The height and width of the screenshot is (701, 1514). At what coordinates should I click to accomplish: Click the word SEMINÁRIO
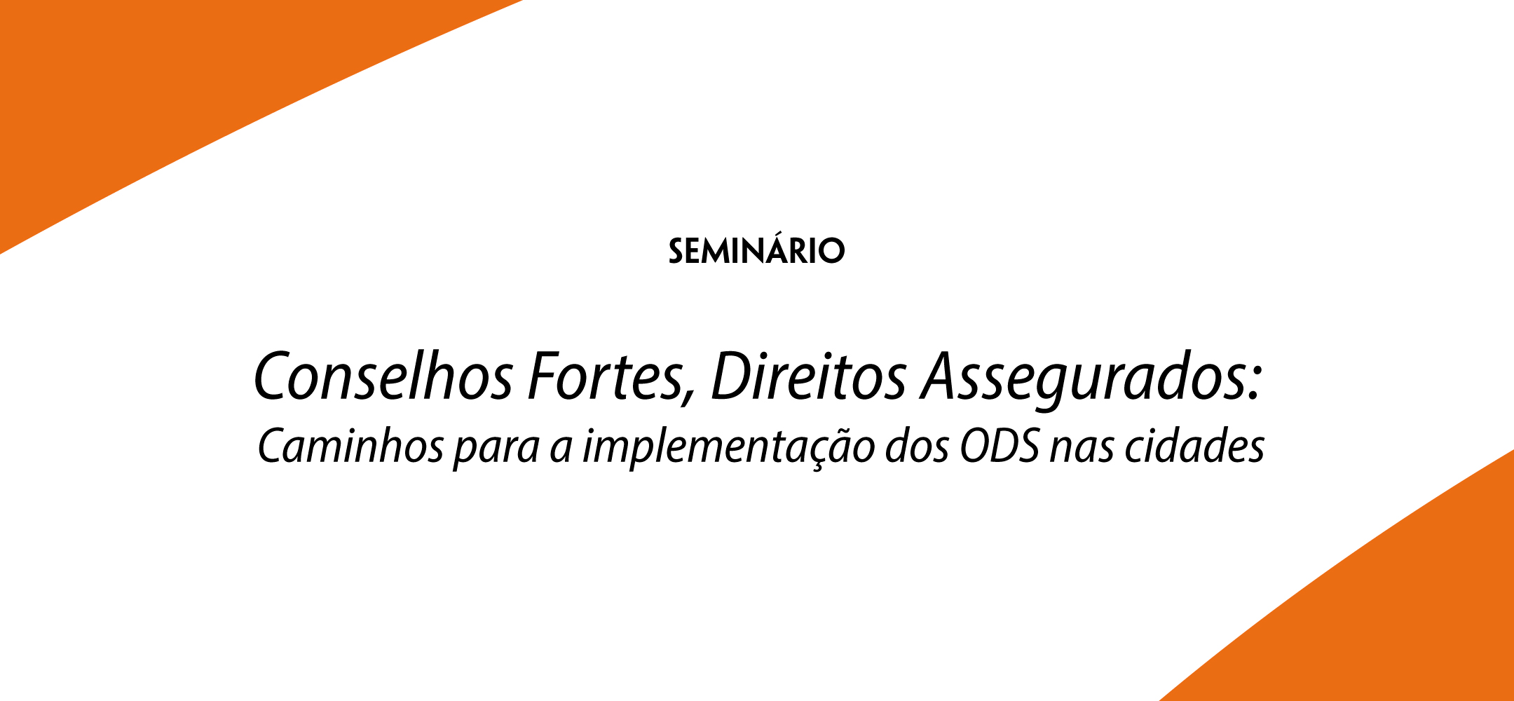(756, 250)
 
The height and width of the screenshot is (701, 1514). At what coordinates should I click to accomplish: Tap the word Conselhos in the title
(383, 376)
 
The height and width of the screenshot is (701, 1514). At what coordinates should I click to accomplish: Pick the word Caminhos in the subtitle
(350, 446)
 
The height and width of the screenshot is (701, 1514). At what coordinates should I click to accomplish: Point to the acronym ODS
(1000, 446)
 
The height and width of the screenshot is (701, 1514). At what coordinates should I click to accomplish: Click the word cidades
(1194, 446)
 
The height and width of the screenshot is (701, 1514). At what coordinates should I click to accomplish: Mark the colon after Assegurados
(1255, 385)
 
